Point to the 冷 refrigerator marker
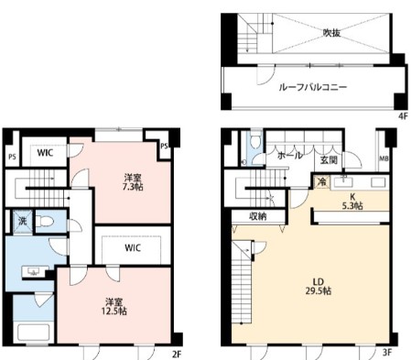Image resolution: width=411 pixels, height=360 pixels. click(x=320, y=183)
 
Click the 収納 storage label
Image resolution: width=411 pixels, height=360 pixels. click(x=257, y=217)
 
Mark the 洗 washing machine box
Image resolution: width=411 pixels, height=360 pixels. click(x=21, y=221)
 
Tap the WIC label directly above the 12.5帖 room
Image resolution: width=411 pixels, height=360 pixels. click(x=133, y=247)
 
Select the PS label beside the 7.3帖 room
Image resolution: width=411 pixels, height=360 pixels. click(x=165, y=146)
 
